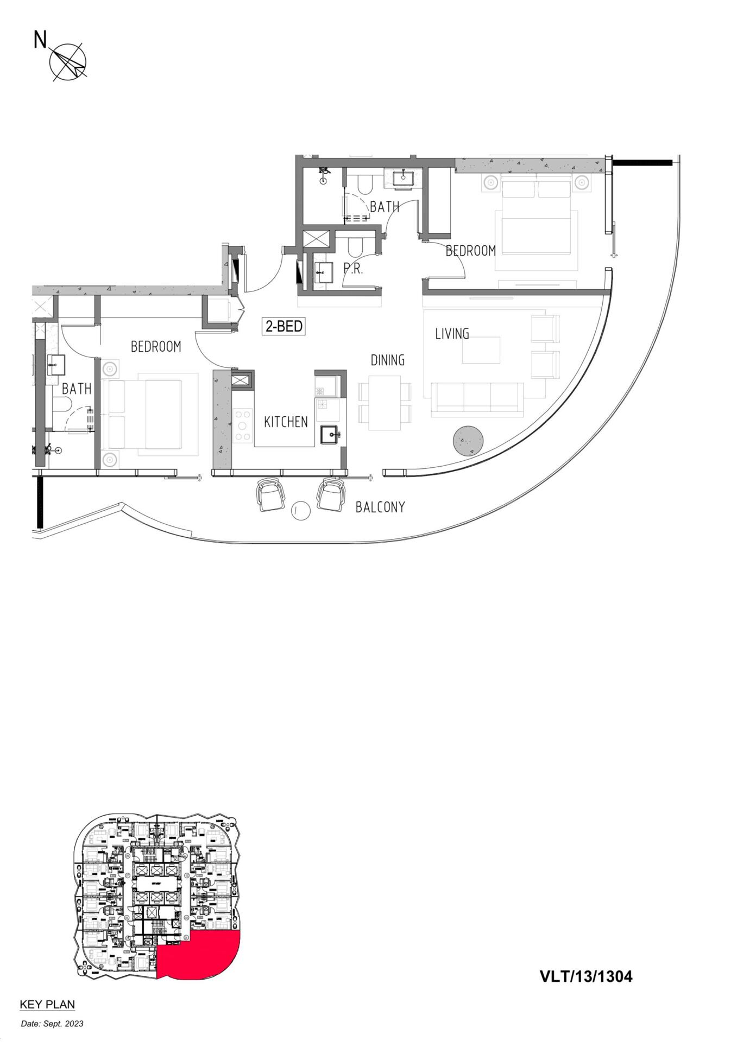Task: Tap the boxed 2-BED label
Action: pyautogui.click(x=284, y=326)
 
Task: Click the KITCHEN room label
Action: pyautogui.click(x=286, y=422)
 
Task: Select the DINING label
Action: pyautogui.click(x=387, y=360)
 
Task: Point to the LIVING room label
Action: pyautogui.click(x=452, y=333)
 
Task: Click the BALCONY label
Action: pyautogui.click(x=380, y=507)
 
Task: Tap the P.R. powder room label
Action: pyautogui.click(x=353, y=268)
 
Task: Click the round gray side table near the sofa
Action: pyautogui.click(x=468, y=441)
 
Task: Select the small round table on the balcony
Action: pyautogui.click(x=301, y=510)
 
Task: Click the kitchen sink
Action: pyautogui.click(x=329, y=435)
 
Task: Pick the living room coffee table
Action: pyautogui.click(x=481, y=350)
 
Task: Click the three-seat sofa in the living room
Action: pyautogui.click(x=477, y=399)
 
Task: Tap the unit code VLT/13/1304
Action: pyautogui.click(x=586, y=976)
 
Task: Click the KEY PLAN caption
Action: pyautogui.click(x=47, y=1005)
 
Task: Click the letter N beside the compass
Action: pyautogui.click(x=40, y=39)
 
